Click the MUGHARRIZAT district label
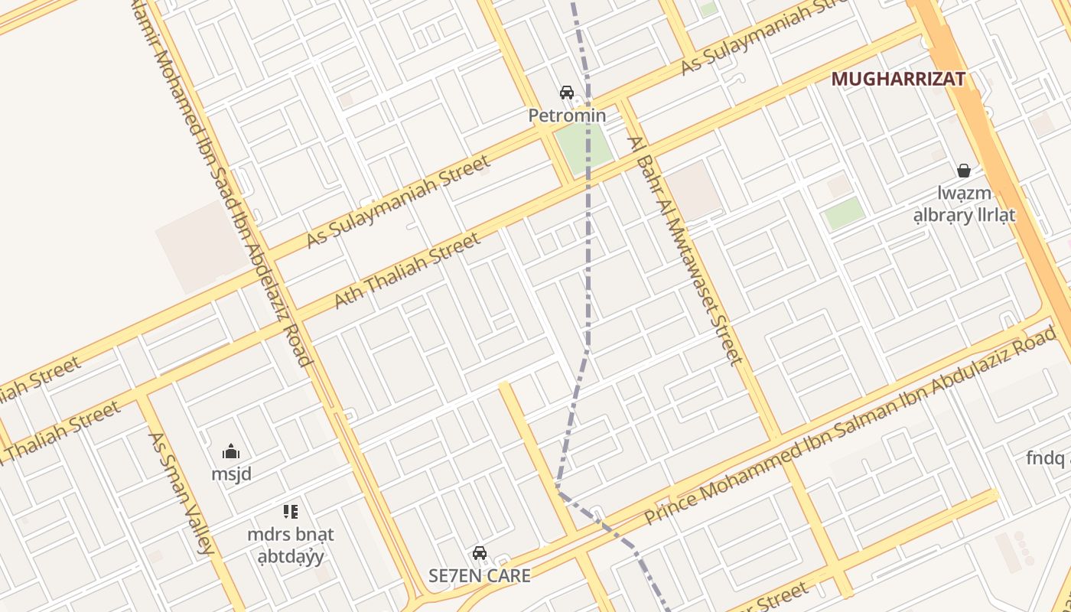tap(898, 79)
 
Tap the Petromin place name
tap(567, 116)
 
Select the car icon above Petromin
tap(567, 93)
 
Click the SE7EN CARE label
tap(479, 576)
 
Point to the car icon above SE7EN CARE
tap(480, 552)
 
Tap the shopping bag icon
tap(964, 170)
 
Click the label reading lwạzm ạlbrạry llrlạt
tap(964, 204)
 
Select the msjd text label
tap(231, 474)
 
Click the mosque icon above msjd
tap(231, 451)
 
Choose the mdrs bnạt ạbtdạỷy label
tap(291, 545)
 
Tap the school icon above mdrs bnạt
tap(290, 511)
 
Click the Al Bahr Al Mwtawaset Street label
tap(685, 250)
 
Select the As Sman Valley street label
tap(181, 493)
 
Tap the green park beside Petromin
tap(584, 147)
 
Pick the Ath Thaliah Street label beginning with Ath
tap(408, 272)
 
